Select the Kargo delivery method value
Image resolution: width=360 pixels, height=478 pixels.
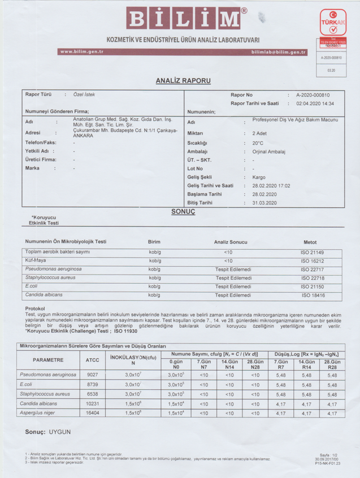pos(258,177)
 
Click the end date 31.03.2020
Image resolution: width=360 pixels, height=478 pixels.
pos(264,202)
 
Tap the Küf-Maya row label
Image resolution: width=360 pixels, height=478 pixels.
pos(36,260)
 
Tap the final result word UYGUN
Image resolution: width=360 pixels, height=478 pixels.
pos(58,432)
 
